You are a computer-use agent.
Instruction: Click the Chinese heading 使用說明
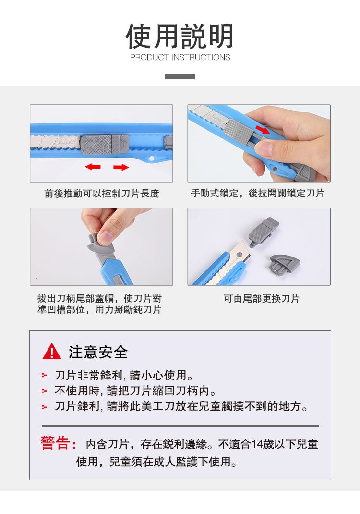(180, 36)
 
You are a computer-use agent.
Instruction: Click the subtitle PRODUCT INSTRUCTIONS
(180, 57)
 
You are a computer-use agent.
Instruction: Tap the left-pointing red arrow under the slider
(93, 167)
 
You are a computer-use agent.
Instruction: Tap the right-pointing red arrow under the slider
(121, 167)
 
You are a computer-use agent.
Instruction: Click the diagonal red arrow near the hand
(263, 129)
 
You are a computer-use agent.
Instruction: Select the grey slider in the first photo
(104, 144)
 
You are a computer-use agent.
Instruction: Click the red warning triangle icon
(52, 351)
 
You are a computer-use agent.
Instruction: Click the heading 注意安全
(98, 352)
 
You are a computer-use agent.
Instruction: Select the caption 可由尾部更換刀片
(262, 299)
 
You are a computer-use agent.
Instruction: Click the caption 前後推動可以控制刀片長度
(102, 194)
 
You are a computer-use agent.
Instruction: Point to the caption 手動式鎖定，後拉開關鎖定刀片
(257, 193)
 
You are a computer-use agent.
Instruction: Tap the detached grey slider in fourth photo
(263, 231)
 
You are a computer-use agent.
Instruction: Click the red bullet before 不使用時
(44, 391)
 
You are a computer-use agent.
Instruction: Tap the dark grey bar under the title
(180, 77)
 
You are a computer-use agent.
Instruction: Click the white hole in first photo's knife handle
(151, 159)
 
